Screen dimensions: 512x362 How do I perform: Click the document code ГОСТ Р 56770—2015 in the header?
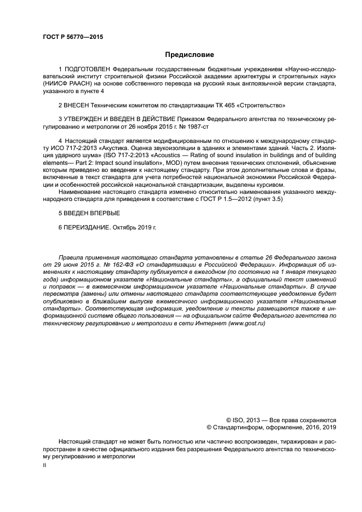pos(72,37)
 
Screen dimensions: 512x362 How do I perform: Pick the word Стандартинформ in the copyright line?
pos(235,427)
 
